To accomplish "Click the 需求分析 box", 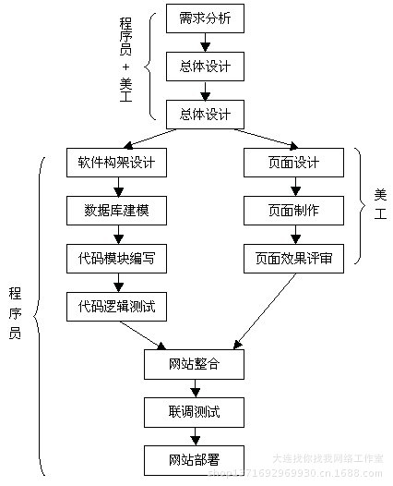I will (206, 18).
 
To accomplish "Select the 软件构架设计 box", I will (116, 164).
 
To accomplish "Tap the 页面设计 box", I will (293, 164).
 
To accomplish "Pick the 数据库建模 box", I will (116, 212).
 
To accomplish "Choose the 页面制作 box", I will (293, 212).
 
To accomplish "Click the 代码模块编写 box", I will (116, 260).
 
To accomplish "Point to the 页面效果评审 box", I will (293, 260).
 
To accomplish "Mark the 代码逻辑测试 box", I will (116, 306).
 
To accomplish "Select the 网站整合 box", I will (195, 366).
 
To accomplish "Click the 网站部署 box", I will (195, 458).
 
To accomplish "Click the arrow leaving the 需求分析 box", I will (206, 43).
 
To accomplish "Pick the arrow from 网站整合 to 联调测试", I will (195, 389).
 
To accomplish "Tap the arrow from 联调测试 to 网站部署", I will (195, 435).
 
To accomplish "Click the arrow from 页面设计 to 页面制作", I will (293, 188).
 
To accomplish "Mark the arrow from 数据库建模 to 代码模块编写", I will (116, 236).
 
